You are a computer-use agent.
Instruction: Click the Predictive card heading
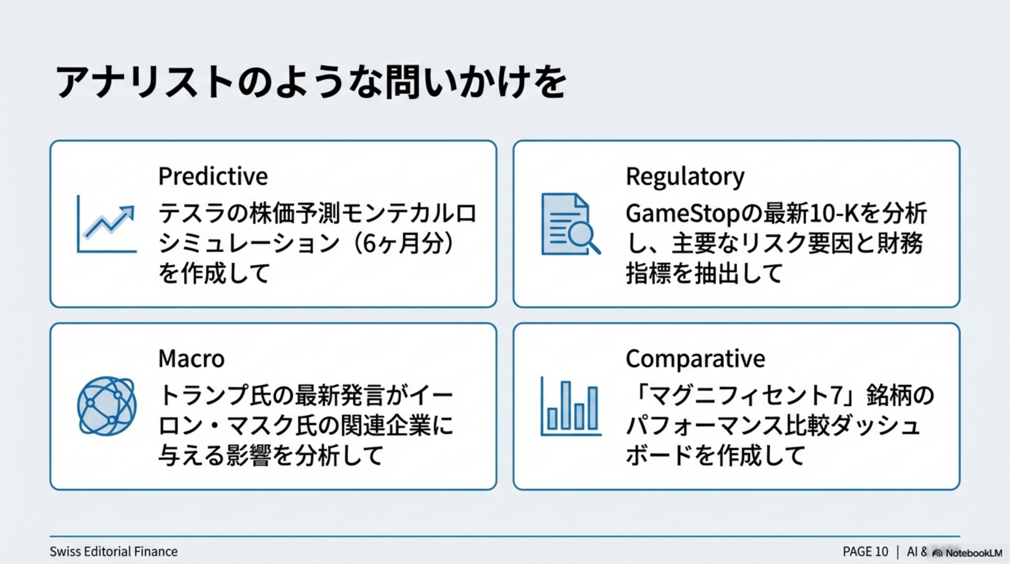(x=213, y=176)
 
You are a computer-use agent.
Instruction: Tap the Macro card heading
(x=191, y=358)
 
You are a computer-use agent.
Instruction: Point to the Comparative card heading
(x=695, y=358)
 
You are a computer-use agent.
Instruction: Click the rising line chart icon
(x=107, y=224)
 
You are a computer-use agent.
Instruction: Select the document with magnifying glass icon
(x=571, y=224)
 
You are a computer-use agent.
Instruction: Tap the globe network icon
(x=107, y=406)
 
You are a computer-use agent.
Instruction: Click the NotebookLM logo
(x=967, y=553)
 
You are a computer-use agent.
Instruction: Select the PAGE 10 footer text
(x=865, y=552)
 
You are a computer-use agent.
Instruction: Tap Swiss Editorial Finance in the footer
(x=114, y=552)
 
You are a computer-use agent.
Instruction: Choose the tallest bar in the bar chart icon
(x=566, y=405)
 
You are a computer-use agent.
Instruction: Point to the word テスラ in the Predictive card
(x=192, y=214)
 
